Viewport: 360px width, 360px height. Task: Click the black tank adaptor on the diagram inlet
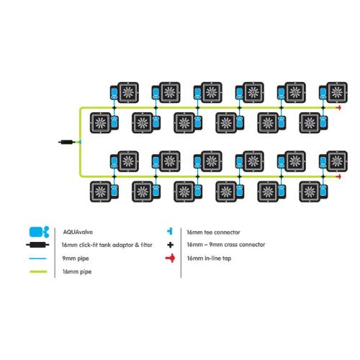click(x=66, y=142)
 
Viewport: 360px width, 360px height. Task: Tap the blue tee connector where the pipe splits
click(x=79, y=142)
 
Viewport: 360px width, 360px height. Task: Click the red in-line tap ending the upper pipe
click(x=339, y=108)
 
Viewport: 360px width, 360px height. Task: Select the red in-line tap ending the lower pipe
click(x=339, y=176)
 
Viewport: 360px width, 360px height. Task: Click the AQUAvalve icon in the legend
click(x=39, y=232)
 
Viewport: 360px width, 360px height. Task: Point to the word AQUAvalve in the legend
click(x=78, y=232)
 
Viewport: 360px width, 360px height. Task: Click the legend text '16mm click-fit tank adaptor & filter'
click(x=107, y=245)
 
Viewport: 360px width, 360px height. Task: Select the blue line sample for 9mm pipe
click(x=37, y=258)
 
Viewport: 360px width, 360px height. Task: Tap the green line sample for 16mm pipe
click(x=38, y=271)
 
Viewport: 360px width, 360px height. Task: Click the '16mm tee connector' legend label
click(x=213, y=233)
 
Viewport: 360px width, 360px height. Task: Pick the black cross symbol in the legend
click(x=170, y=245)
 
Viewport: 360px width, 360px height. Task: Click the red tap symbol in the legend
click(x=170, y=258)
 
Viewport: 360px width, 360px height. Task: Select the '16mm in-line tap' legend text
click(x=209, y=258)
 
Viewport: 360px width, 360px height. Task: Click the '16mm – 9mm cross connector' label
click(x=226, y=245)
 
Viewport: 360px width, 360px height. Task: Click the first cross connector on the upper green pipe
click(x=114, y=108)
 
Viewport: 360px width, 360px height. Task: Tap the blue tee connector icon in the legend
click(x=170, y=231)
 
